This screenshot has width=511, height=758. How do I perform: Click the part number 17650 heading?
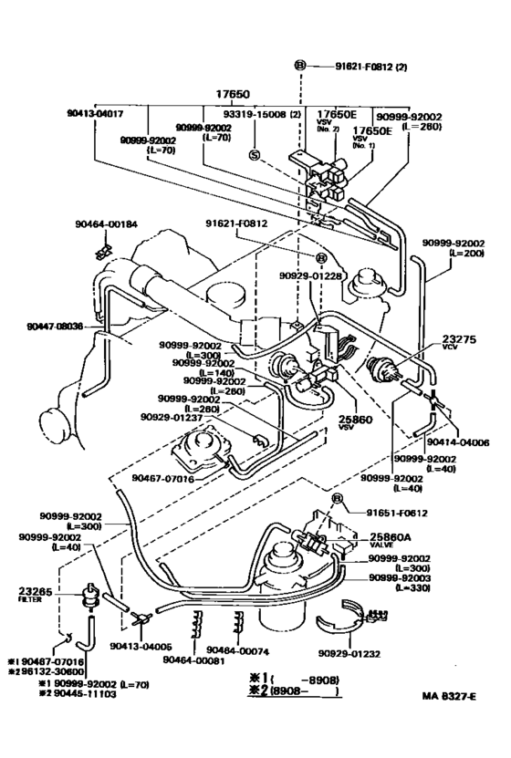[232, 93]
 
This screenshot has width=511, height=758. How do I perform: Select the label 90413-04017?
[95, 114]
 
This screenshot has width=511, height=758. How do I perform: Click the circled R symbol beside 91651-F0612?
[337, 498]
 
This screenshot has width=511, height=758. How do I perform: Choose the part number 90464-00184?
[106, 224]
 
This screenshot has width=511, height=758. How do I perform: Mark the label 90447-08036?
[53, 326]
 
